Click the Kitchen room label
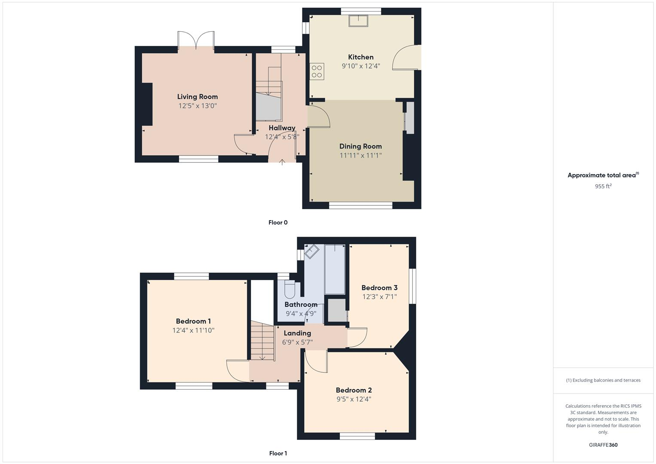(x=360, y=57)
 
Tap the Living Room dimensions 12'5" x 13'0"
(x=198, y=106)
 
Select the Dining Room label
(x=360, y=147)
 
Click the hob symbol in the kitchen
(x=317, y=71)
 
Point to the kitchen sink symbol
(x=358, y=21)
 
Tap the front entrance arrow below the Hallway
(x=282, y=162)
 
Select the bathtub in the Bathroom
(x=335, y=269)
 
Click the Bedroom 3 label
(x=379, y=288)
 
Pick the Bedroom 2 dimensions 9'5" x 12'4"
(x=354, y=399)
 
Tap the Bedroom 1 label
(x=193, y=321)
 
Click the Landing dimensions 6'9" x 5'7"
(x=297, y=342)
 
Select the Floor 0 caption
(x=278, y=223)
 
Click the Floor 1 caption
(x=278, y=453)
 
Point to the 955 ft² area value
(x=603, y=186)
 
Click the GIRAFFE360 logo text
(x=603, y=445)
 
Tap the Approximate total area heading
(x=602, y=175)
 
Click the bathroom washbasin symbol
(x=311, y=252)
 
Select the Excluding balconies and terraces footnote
(x=603, y=380)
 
